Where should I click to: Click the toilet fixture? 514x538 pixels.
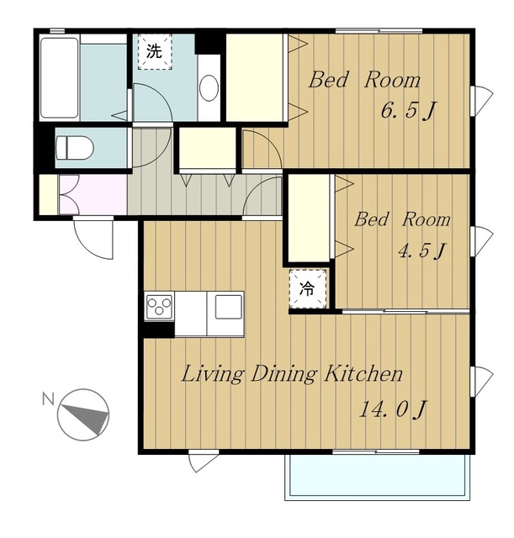(75, 148)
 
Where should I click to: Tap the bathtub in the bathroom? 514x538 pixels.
(60, 78)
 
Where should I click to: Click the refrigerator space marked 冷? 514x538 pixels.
(307, 288)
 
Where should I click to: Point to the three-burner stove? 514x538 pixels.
(159, 306)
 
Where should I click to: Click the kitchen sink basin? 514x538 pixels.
(228, 306)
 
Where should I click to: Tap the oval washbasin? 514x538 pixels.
(209, 87)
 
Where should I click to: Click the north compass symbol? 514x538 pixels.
(83, 414)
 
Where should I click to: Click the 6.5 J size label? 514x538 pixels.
(408, 110)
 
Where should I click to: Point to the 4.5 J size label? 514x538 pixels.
(422, 251)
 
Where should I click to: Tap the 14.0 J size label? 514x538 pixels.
(393, 409)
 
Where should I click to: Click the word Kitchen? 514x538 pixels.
(363, 373)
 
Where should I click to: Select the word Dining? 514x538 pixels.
(283, 374)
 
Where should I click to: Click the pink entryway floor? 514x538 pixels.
(93, 194)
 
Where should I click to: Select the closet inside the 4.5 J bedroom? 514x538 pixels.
(309, 219)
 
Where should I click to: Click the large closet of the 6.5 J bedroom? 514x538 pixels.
(255, 77)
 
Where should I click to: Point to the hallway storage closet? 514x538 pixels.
(208, 148)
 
